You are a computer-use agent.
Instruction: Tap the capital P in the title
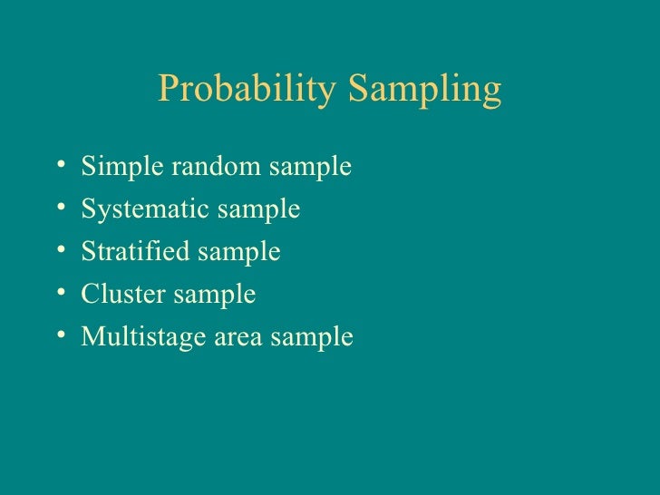168,88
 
